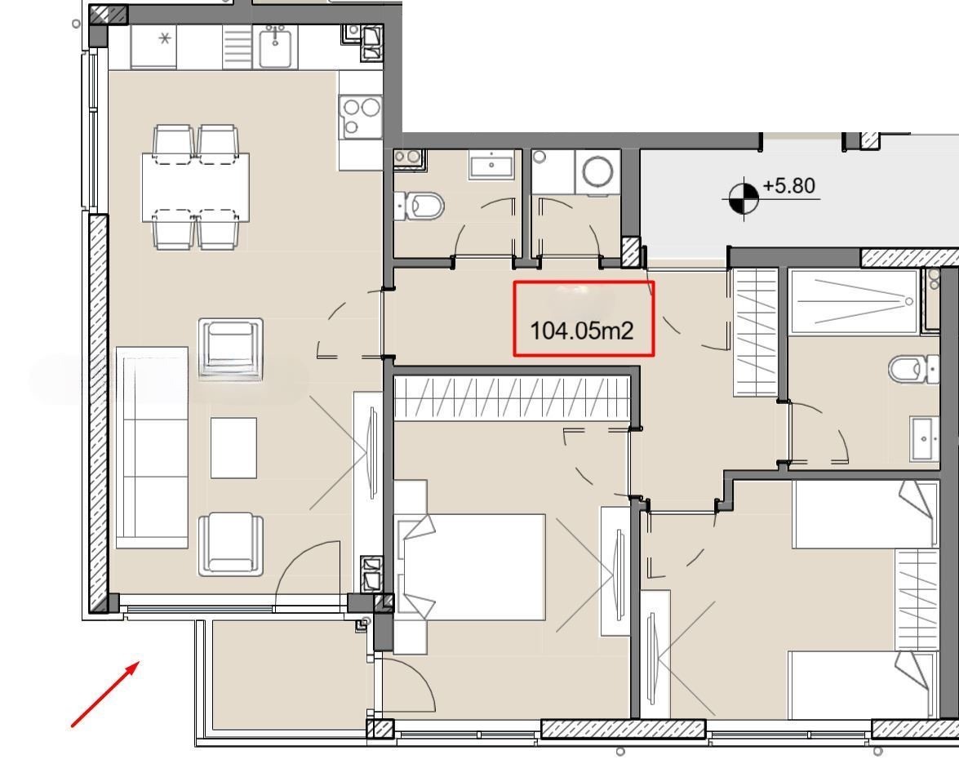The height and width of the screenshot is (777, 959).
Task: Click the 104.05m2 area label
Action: pos(581,331)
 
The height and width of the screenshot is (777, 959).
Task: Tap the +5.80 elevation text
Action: pos(789,185)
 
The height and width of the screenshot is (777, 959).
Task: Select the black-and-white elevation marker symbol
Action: pos(743,198)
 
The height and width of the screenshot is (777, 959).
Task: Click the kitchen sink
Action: pos(274,47)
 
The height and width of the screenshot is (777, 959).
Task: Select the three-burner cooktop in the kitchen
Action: pos(361,116)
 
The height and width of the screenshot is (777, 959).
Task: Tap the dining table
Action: pos(196,187)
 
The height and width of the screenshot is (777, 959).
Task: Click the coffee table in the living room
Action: pos(233,448)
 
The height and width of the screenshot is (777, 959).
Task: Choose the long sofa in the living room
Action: pos(152,447)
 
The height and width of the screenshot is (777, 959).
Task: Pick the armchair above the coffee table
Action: pos(231,349)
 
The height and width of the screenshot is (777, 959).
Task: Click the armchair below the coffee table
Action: pos(231,544)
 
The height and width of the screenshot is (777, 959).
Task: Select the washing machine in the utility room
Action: pos(597,172)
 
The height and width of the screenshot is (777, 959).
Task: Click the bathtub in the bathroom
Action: pos(854,301)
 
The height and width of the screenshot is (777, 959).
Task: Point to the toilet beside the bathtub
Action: pos(914,369)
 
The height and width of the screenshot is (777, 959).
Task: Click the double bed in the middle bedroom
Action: pos(470,567)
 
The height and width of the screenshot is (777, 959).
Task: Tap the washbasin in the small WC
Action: pos(491,166)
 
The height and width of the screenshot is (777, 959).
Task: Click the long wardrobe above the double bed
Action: pos(512,398)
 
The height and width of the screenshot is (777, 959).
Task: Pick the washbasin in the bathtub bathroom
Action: pos(924,438)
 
